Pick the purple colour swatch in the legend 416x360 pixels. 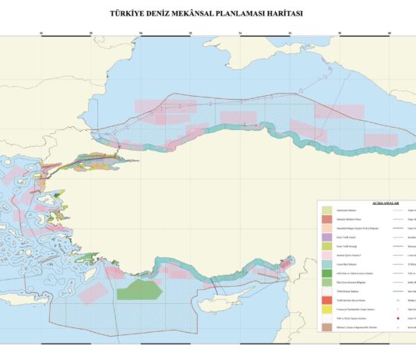pyautogui.click(x=326, y=237)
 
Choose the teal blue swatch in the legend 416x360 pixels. pyautogui.click(x=326, y=264)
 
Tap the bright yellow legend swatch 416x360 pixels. pyautogui.click(x=326, y=309)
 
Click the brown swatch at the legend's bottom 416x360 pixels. pyautogui.click(x=326, y=327)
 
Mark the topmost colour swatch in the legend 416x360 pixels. pyautogui.click(x=326, y=210)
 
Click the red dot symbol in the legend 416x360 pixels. pyautogui.click(x=399, y=318)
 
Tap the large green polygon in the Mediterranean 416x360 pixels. pyautogui.click(x=139, y=289)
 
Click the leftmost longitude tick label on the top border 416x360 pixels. pyautogui.click(x=41, y=34)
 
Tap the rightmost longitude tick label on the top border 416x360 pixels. pyautogui.click(x=390, y=34)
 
